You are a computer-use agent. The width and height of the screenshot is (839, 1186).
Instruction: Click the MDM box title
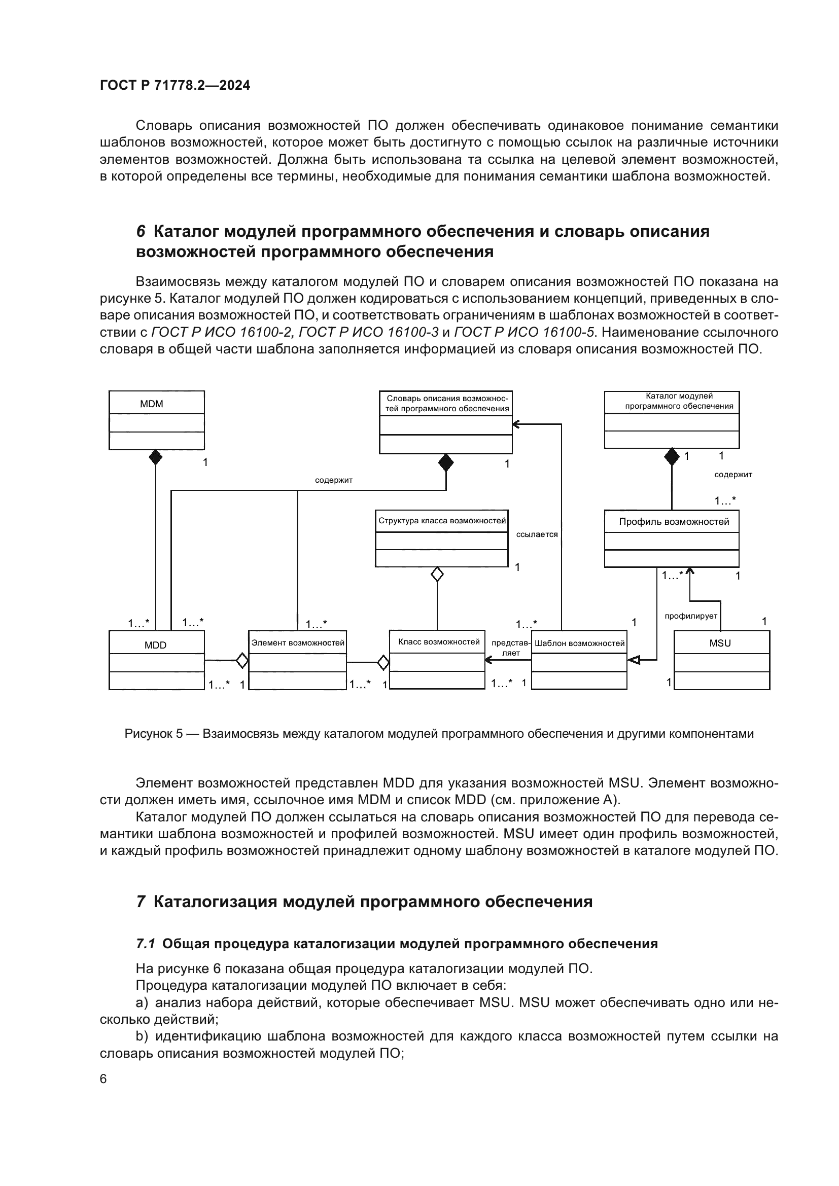click(x=151, y=404)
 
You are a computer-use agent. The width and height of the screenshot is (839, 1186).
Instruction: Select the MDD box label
click(x=156, y=644)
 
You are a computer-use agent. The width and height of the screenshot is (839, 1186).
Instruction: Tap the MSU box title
click(x=720, y=643)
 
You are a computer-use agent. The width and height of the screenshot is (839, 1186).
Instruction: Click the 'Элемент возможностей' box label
click(x=298, y=642)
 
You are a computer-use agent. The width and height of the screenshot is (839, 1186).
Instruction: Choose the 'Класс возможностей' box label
click(x=439, y=641)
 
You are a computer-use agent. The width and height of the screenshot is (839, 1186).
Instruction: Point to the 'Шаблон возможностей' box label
click(x=580, y=643)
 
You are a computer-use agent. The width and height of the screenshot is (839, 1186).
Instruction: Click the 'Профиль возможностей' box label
click(x=674, y=522)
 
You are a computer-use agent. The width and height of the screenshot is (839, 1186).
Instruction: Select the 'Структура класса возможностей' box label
click(x=442, y=520)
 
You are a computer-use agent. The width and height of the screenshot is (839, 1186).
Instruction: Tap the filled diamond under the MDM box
click(x=156, y=457)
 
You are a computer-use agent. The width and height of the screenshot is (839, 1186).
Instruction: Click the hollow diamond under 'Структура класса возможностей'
click(x=437, y=574)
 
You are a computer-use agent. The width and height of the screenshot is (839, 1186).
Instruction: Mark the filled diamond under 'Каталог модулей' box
click(x=672, y=457)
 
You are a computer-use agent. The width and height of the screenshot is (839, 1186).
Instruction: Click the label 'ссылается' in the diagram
click(x=537, y=534)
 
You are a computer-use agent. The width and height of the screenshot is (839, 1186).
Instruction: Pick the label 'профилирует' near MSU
click(x=691, y=616)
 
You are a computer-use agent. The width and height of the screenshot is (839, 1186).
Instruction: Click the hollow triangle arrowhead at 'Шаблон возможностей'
click(x=634, y=660)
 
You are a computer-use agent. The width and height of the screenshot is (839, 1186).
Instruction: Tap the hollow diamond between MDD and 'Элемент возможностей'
click(x=242, y=660)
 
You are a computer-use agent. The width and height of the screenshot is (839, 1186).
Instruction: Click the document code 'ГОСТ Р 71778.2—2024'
click(x=175, y=86)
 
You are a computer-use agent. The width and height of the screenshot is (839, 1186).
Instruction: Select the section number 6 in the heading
click(x=141, y=231)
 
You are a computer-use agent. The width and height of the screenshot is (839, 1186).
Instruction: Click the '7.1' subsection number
click(x=145, y=944)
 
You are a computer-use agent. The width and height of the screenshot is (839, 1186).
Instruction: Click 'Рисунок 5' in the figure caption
click(x=153, y=734)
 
